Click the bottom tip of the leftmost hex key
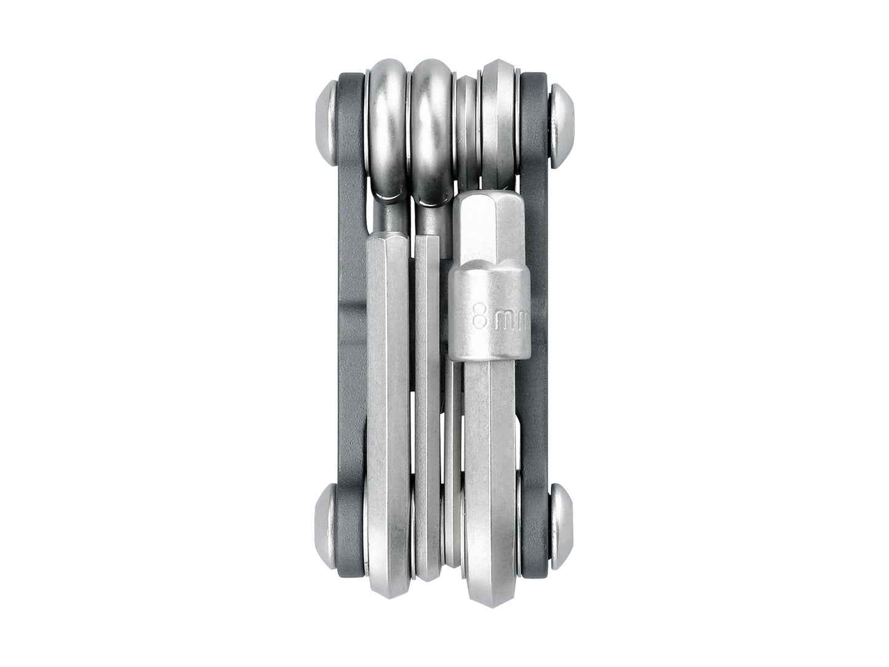click(x=388, y=575)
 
